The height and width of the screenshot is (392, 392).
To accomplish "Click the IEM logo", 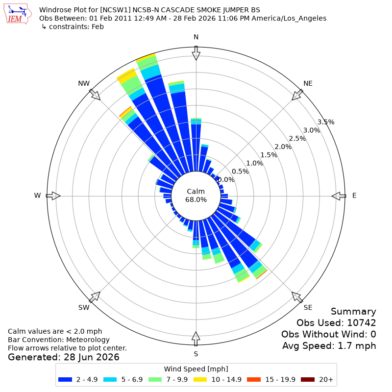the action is (18, 14).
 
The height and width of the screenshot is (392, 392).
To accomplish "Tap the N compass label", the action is (196, 37).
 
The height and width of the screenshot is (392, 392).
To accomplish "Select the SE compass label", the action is (308, 307).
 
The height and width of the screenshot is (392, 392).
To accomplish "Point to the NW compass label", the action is (84, 83).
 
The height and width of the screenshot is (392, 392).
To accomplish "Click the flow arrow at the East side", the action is (339, 196).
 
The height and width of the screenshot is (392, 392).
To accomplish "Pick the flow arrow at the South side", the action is (196, 339).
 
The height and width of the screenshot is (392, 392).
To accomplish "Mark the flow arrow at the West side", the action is (53, 196).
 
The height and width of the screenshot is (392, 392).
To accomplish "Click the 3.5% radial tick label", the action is (326, 122).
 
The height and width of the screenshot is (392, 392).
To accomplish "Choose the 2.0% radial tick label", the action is (283, 147).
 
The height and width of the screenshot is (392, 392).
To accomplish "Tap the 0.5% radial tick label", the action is (240, 171).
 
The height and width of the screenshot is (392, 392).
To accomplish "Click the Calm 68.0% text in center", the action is (196, 196).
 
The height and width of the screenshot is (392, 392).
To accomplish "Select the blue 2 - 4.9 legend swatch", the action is (65, 379).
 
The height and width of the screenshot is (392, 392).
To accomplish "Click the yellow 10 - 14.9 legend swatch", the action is (200, 379).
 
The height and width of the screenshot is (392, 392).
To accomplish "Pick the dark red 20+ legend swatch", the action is (308, 379).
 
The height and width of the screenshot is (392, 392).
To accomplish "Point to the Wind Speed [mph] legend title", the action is (196, 369).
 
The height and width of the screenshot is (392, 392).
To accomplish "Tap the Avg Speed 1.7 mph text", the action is (329, 346).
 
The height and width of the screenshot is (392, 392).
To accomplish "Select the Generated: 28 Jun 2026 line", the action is (64, 357).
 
